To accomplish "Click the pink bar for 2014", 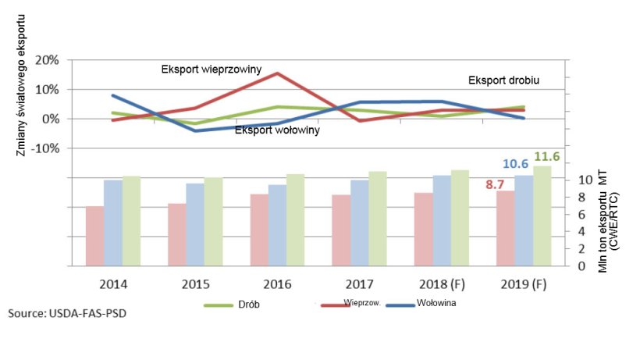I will click(94, 236).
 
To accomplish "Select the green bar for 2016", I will click(296, 219).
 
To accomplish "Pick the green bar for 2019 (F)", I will click(542, 216).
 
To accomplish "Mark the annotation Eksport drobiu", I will click(503, 80).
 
